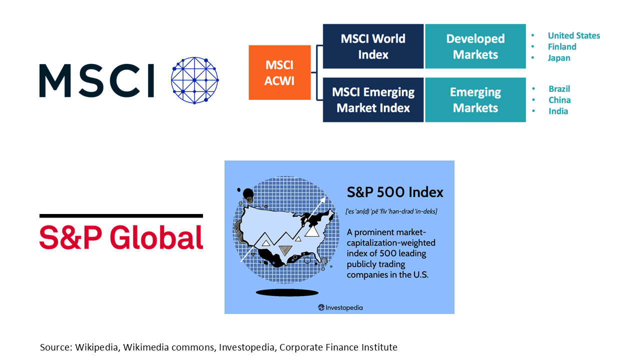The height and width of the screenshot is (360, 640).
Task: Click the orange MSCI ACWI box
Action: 279,72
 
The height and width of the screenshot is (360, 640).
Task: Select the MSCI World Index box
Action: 373,46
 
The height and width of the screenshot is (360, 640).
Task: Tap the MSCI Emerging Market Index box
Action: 373,99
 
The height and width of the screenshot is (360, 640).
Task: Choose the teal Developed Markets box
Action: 475,46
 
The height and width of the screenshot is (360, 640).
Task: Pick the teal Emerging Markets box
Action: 475,99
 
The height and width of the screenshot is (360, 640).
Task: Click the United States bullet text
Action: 573,35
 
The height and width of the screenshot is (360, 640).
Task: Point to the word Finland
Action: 562,47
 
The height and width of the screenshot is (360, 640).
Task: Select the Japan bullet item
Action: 559,58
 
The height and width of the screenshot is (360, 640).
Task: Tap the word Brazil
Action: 559,89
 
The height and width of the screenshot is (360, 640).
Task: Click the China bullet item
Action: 559,100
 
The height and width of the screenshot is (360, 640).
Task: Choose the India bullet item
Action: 558,111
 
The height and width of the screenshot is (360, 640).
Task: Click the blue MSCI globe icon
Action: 195,80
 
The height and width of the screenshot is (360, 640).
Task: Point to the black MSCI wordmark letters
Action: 96,80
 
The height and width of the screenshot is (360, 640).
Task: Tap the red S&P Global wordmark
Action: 121,237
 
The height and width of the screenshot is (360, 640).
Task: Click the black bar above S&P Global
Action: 121,216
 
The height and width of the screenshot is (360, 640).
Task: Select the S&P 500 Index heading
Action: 395,192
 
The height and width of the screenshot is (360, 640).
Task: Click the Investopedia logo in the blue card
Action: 340,307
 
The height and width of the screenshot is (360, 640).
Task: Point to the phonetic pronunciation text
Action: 391,211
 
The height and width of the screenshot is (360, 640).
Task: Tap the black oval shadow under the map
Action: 287,292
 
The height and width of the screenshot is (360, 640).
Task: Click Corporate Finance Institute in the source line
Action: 338,347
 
